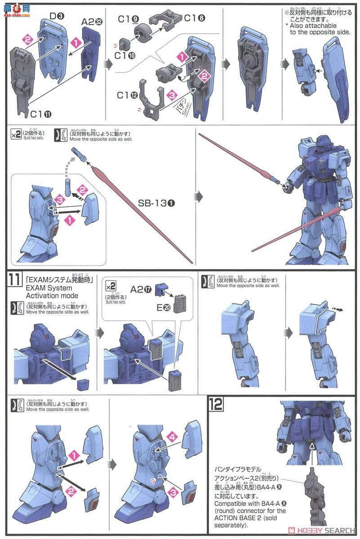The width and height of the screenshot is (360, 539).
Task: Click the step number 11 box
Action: pos(13,279)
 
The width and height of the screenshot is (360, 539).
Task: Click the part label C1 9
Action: pos(130,19)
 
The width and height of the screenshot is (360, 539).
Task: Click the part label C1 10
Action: pos(122,55)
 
